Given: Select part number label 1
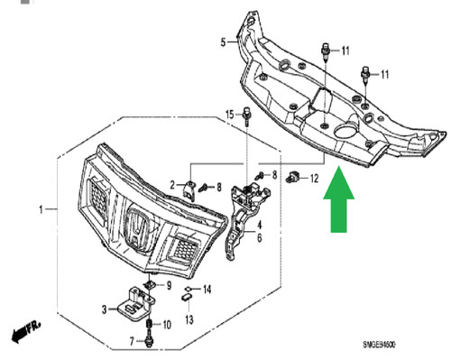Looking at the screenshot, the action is pyautogui.click(x=41, y=209).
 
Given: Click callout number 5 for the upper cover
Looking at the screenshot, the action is pyautogui.click(x=223, y=42).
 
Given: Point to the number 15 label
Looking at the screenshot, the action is pyautogui.click(x=230, y=115).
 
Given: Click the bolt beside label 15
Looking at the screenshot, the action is pyautogui.click(x=246, y=116).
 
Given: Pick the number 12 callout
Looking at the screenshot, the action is pyautogui.click(x=314, y=179).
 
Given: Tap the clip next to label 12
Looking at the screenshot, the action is pyautogui.click(x=291, y=176).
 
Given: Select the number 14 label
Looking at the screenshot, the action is pyautogui.click(x=207, y=290).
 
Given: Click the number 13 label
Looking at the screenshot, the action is pyautogui.click(x=189, y=319).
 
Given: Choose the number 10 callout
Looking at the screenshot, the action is pyautogui.click(x=167, y=325).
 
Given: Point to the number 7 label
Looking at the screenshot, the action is pyautogui.click(x=132, y=341).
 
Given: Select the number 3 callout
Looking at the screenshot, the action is pyautogui.click(x=104, y=309).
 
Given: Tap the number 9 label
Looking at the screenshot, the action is pyautogui.click(x=169, y=285).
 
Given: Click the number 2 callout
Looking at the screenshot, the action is pyautogui.click(x=172, y=185).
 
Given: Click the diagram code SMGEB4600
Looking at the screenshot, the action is pyautogui.click(x=379, y=344).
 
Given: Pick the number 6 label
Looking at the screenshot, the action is pyautogui.click(x=259, y=238).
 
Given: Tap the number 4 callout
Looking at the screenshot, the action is pyautogui.click(x=259, y=225).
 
